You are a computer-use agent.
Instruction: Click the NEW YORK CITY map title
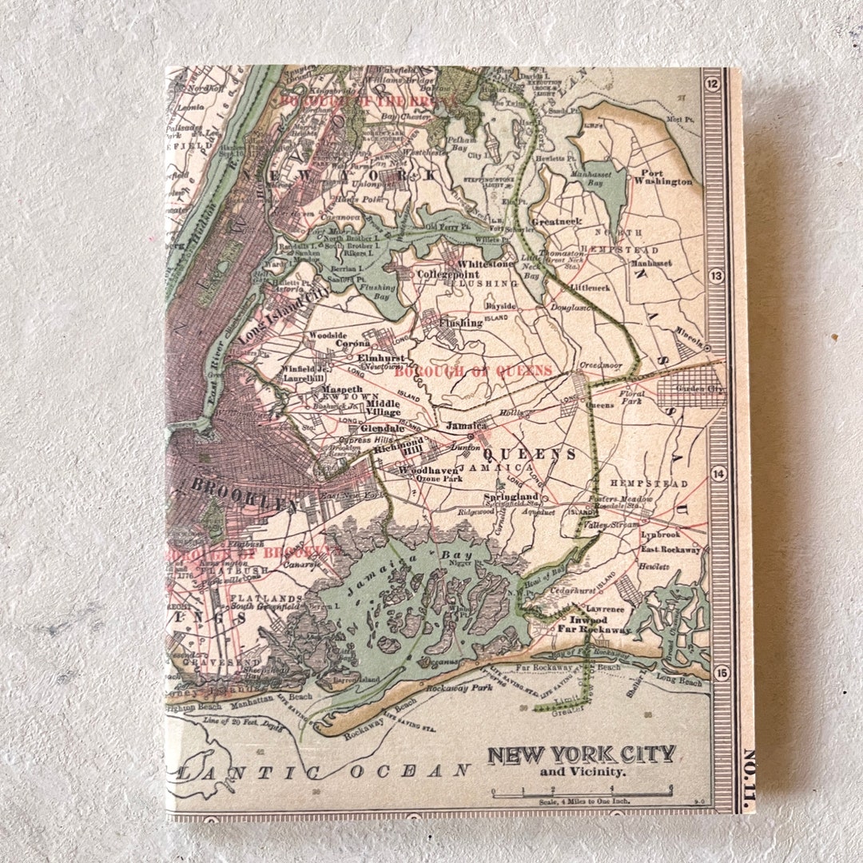[581, 754]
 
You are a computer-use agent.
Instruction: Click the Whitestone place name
[486, 264]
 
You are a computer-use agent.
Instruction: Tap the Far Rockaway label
[600, 630]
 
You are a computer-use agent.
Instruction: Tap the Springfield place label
[528, 496]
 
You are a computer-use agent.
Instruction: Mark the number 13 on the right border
[715, 276]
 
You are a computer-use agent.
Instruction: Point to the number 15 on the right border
[722, 674]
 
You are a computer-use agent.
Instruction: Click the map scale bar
[581, 793]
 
